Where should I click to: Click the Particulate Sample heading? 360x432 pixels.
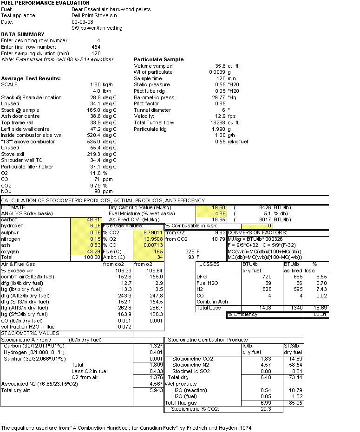[158, 59]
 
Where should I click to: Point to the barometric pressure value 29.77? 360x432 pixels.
[217, 97]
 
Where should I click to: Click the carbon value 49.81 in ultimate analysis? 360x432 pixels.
[94, 219]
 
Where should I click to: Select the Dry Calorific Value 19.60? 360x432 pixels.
[219, 207]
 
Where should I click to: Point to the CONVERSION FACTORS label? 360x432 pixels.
[257, 232]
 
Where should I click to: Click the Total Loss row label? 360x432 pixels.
[209, 308]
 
